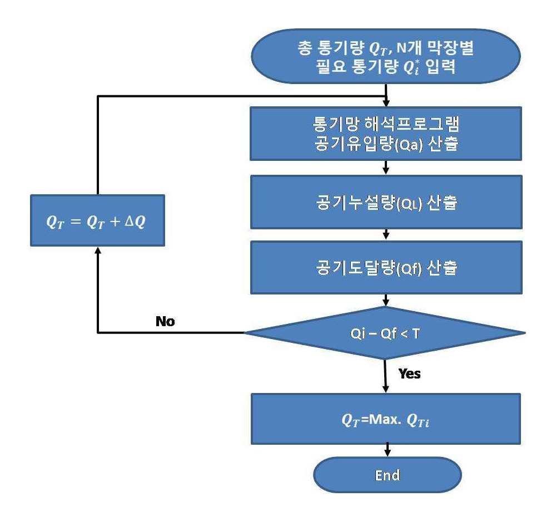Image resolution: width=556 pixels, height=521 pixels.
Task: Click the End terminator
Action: (387, 475)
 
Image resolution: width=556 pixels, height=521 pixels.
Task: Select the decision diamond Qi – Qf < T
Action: (385, 333)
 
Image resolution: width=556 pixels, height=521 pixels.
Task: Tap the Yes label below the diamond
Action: (410, 373)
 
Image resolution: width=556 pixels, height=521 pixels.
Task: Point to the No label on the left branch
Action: (165, 321)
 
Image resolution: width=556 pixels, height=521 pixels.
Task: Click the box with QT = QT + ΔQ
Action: (97, 220)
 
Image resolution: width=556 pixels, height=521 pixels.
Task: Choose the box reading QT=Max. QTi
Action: (386, 419)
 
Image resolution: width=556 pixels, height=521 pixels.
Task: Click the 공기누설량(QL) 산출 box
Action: (386, 202)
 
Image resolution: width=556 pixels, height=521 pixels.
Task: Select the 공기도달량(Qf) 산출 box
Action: (386, 268)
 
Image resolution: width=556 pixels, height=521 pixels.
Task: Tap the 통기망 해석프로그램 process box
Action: (386, 134)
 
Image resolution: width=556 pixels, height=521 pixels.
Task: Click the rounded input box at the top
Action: (386, 56)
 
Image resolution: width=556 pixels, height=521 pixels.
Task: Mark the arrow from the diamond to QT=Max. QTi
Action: (385, 376)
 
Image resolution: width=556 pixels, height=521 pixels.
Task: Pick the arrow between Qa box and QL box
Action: (386, 168)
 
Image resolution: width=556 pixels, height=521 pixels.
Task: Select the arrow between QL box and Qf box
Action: (386, 234)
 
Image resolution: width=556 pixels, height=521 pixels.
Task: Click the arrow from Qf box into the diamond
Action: (386, 301)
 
